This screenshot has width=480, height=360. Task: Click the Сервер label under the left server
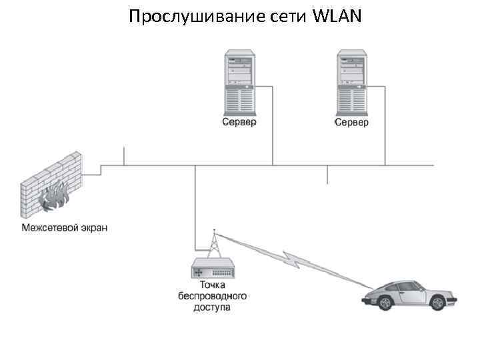239,123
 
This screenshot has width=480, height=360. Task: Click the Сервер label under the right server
351,123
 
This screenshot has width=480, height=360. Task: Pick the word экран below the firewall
93,228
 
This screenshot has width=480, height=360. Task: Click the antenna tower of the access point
214,245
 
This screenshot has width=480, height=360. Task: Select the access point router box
214,270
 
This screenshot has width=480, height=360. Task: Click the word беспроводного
213,297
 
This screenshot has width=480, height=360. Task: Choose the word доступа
213,308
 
